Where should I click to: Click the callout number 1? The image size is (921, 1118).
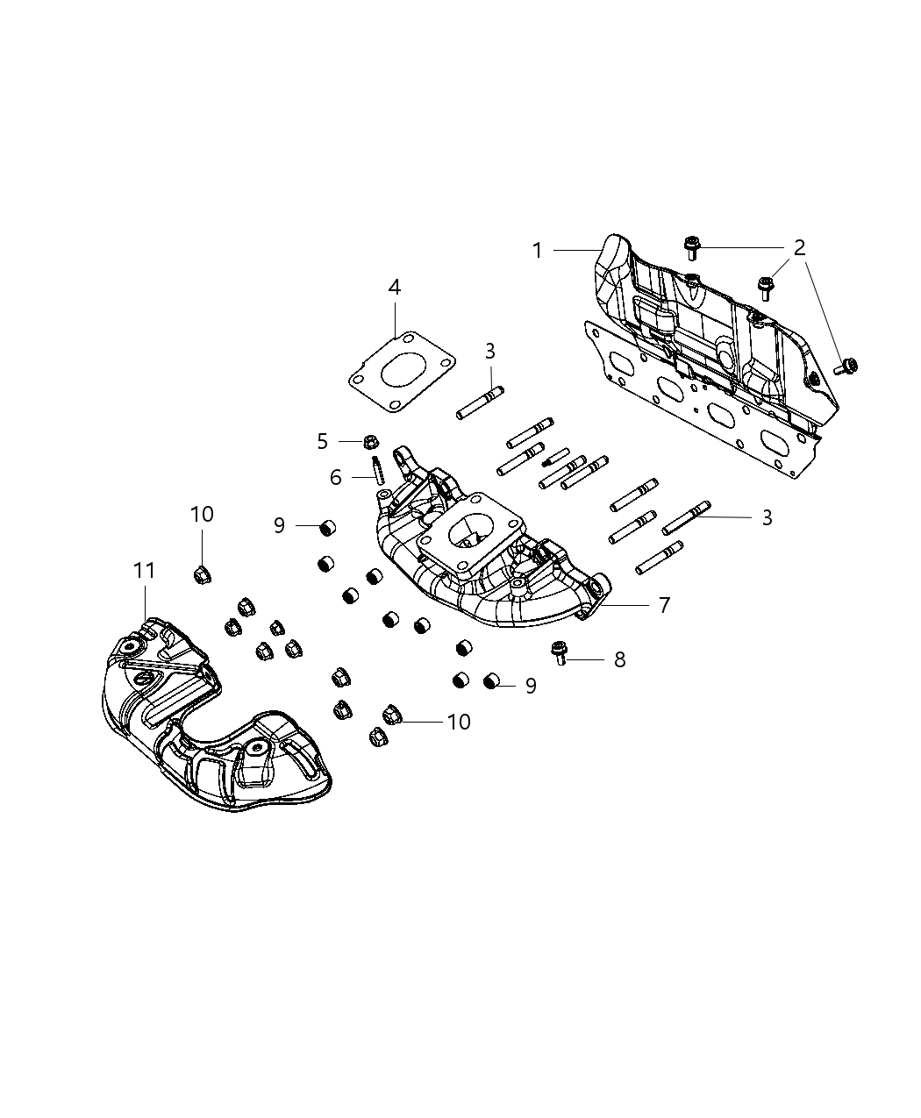[538, 251]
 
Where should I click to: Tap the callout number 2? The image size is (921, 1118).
[799, 248]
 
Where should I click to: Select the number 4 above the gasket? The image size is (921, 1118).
[395, 287]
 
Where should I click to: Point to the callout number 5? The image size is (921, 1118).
[322, 441]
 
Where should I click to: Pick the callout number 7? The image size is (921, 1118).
[664, 605]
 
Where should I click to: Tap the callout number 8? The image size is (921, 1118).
[619, 659]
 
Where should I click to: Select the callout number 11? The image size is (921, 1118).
[144, 571]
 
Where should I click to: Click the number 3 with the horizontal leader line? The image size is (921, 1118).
[767, 517]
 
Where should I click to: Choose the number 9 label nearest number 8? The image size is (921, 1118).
[531, 685]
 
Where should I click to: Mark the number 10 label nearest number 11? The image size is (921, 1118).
[202, 514]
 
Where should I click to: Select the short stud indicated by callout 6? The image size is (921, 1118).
[379, 470]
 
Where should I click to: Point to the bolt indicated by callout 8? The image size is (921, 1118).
[558, 652]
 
